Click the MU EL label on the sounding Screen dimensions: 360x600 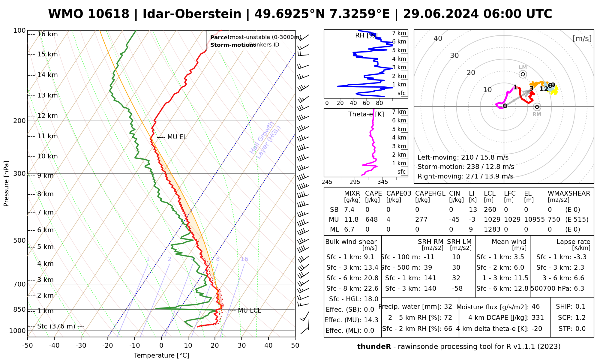pos(177,137)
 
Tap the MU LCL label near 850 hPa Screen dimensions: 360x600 pos(249,310)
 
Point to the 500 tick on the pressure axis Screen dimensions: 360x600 pos(19,240)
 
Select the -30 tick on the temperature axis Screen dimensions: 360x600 pos(81,346)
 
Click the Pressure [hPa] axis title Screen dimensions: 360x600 pos(6,184)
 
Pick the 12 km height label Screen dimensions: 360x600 pos(47,116)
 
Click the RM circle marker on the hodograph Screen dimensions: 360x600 pos(537,107)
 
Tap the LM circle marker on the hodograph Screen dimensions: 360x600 pos(523,74)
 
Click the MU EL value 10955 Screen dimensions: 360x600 pos(534,220)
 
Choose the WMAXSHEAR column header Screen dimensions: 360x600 pos(569,193)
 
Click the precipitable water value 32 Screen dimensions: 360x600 pos(448,307)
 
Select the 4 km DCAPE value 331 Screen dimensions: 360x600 pos(538,318)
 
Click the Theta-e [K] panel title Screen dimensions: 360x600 pos(366,114)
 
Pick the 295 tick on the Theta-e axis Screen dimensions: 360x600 pos(355,182)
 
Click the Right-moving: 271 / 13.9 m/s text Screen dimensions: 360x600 pos(465,176)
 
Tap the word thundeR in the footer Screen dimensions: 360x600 pos(374,347)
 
